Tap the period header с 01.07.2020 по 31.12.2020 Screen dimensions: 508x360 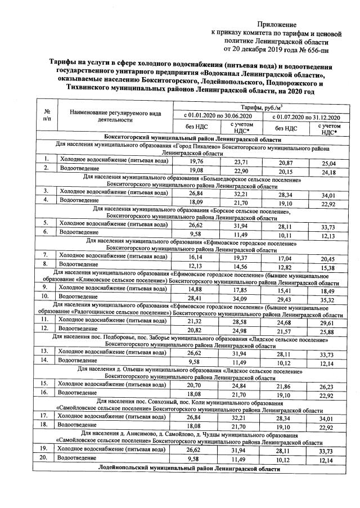point(304,116)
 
